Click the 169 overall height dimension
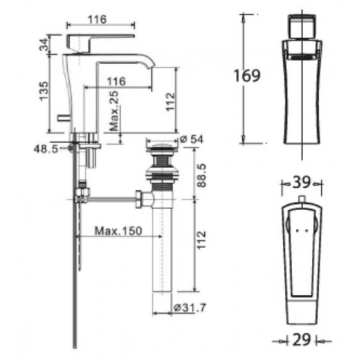247,75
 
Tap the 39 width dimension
301,183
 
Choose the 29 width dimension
302,341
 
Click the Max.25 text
114,112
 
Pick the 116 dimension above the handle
98,19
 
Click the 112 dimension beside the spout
169,103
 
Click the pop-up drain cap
161,143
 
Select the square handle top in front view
301,28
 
